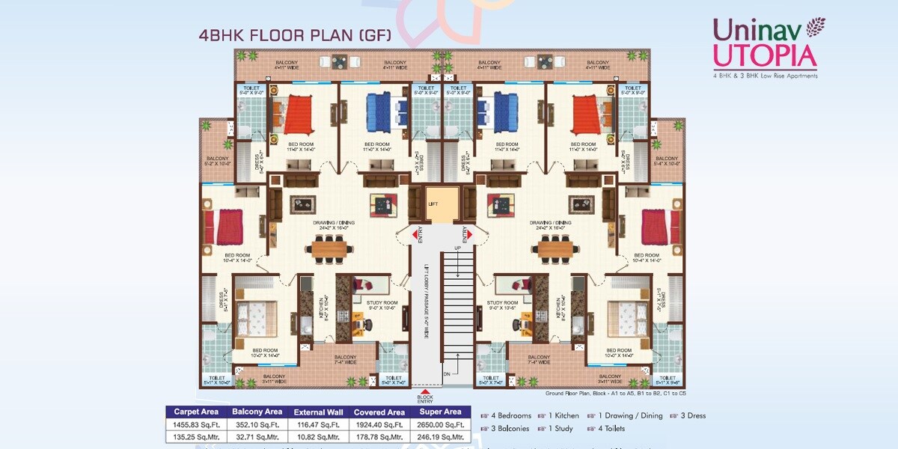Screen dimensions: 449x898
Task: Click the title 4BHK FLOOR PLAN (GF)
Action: tap(294, 34)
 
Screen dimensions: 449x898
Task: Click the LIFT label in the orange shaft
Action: tap(433, 203)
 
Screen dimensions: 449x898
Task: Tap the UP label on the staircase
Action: tap(457, 248)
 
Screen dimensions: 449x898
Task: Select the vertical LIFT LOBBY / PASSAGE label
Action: tap(427, 299)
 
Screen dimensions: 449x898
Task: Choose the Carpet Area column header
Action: tap(195, 412)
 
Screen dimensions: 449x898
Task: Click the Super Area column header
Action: tap(442, 412)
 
